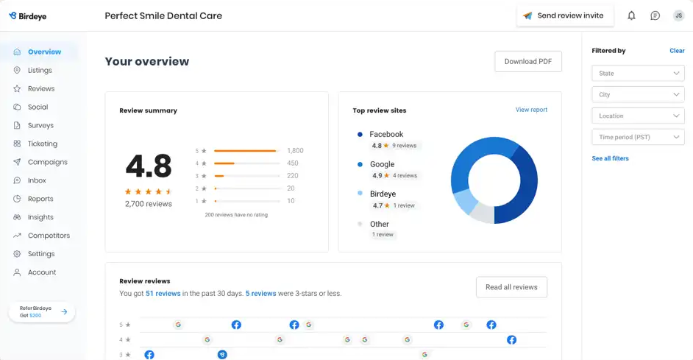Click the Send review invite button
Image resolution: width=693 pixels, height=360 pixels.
564,15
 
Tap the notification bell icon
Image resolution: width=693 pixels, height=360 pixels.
631,15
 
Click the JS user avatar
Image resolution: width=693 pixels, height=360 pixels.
678,15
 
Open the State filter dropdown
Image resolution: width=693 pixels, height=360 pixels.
638,74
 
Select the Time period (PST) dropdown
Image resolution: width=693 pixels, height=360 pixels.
638,137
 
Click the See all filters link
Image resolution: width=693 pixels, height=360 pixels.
610,158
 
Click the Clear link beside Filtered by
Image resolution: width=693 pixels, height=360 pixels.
677,51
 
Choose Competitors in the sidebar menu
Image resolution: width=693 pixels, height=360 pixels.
49,236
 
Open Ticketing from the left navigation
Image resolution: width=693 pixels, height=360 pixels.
43,144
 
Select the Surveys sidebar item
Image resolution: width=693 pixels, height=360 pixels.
40,125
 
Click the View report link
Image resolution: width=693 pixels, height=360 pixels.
531,110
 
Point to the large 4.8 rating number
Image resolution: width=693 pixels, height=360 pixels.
149,166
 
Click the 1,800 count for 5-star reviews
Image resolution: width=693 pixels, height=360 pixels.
295,150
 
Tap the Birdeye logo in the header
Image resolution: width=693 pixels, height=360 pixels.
28,16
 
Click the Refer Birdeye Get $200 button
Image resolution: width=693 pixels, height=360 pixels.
42,312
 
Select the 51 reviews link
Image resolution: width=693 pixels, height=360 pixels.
163,293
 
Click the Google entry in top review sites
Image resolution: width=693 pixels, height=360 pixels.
382,164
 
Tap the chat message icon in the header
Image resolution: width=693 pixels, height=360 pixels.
655,15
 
